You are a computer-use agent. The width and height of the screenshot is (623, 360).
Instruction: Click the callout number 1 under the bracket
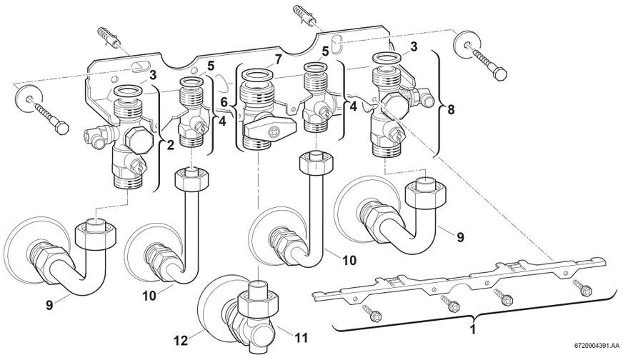(472, 330)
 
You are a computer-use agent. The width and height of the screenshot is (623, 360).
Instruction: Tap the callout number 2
(171, 146)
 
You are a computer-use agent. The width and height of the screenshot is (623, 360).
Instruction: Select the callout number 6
(224, 103)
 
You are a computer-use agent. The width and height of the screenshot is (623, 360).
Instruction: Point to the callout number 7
(278, 59)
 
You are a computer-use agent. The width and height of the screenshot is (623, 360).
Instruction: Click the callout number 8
(451, 110)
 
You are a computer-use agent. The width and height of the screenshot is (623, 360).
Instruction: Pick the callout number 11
(301, 338)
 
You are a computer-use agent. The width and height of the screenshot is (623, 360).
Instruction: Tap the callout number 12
(180, 340)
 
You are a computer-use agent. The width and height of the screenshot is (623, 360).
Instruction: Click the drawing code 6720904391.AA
(597, 355)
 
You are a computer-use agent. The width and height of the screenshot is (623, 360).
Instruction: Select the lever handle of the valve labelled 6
(271, 129)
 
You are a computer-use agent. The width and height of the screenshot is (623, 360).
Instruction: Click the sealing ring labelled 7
(257, 74)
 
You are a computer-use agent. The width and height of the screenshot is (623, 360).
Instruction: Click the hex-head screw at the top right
(489, 63)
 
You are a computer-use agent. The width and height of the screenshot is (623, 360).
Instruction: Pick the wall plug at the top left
(109, 37)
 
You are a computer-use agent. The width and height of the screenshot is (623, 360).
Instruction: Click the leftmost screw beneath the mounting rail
(372, 313)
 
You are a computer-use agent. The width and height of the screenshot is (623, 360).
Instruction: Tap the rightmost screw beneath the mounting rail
(582, 288)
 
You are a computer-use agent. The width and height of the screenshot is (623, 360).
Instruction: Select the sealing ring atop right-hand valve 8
(387, 58)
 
